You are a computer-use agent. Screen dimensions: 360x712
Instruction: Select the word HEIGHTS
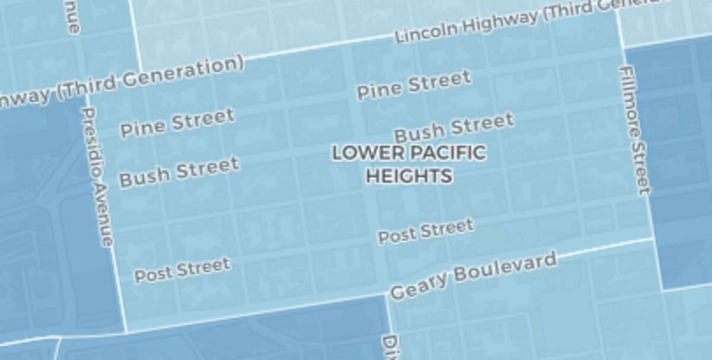tap(409, 176)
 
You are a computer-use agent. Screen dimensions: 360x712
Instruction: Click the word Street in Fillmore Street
tap(641, 167)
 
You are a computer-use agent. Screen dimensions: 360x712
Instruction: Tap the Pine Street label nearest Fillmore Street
tap(414, 85)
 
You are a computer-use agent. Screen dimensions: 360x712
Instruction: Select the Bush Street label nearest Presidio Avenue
tap(179, 171)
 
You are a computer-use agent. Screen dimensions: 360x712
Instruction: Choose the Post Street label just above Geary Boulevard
tap(426, 231)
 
